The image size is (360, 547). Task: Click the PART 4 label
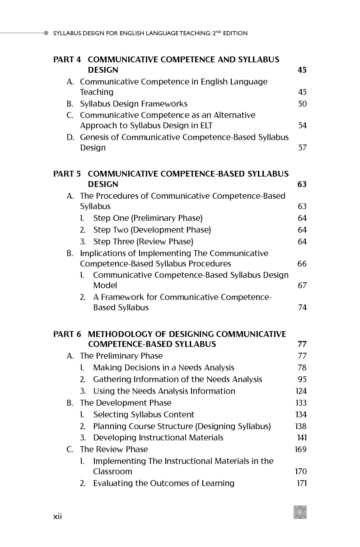tap(67, 60)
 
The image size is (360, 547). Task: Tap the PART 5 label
tap(67, 174)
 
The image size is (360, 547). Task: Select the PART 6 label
tap(67, 334)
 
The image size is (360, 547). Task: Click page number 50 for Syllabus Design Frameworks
tap(302, 104)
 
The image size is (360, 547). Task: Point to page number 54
tap(302, 126)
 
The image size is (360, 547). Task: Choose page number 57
tap(302, 148)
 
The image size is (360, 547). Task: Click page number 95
tap(302, 379)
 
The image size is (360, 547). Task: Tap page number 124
tap(301, 391)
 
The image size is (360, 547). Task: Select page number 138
tap(301, 426)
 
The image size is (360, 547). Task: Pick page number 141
tap(301, 438)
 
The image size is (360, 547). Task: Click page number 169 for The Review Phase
tap(301, 449)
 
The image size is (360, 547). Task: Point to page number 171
tap(302, 483)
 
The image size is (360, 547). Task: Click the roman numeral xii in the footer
tap(57, 517)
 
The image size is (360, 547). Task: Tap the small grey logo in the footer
tap(300, 512)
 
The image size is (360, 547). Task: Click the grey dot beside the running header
tap(46, 33)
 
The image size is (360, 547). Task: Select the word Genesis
tap(94, 137)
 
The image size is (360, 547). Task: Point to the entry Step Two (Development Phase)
tap(152, 230)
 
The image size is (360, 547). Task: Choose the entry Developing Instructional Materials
tap(158, 438)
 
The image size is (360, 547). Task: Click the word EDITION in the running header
tap(235, 33)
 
